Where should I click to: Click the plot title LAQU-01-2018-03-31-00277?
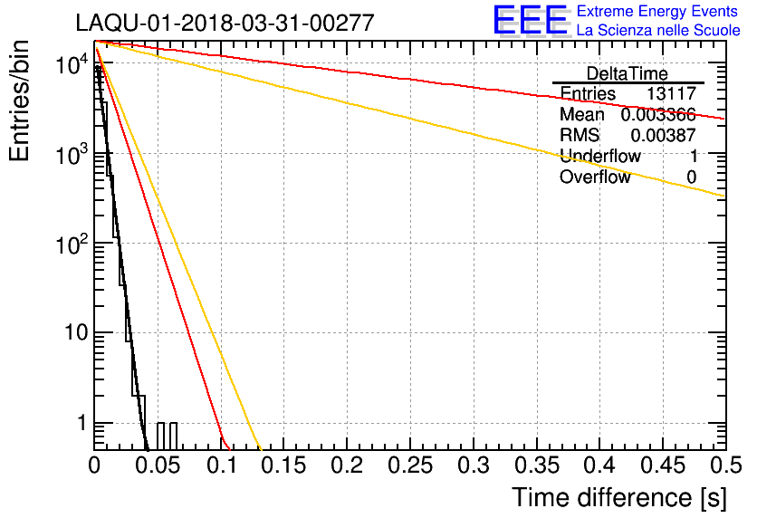click(x=225, y=24)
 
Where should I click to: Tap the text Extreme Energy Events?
click(x=658, y=12)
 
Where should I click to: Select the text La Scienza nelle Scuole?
click(x=658, y=31)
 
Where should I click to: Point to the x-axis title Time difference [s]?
click(x=618, y=497)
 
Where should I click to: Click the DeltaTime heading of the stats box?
click(x=628, y=73)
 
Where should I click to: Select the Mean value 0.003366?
click(x=658, y=115)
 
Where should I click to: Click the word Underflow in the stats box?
click(x=599, y=157)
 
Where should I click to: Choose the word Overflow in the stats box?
click(x=595, y=177)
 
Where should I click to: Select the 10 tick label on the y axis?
click(x=71, y=333)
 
